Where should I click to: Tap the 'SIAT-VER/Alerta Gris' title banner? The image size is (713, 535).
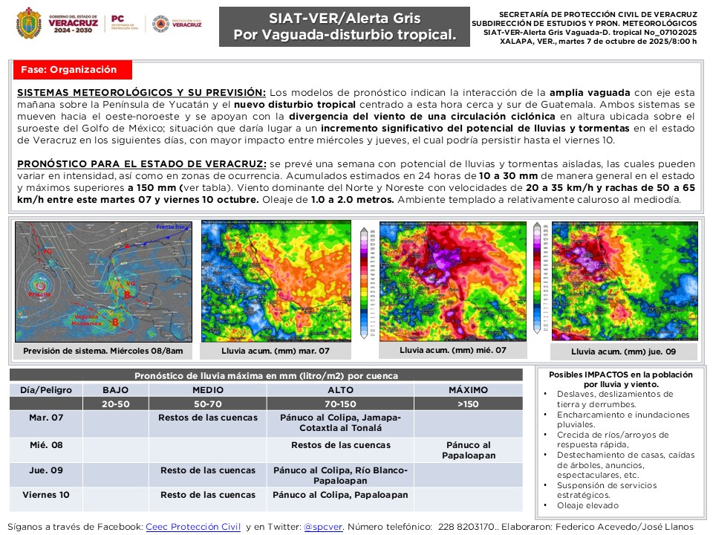point(344,27)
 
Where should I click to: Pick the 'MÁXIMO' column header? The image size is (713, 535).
point(468,389)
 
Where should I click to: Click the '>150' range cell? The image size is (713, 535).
point(468,403)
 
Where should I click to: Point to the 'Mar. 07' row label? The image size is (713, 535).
point(46,418)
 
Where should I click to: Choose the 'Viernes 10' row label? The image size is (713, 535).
point(46,494)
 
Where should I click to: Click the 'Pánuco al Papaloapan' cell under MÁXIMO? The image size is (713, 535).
point(468,450)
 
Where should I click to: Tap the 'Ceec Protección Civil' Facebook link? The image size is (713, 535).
point(193,526)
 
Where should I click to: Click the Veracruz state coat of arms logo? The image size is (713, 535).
point(28,23)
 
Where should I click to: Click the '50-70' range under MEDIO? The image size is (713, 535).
point(208,403)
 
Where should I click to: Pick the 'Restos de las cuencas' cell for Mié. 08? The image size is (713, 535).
point(340,445)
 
